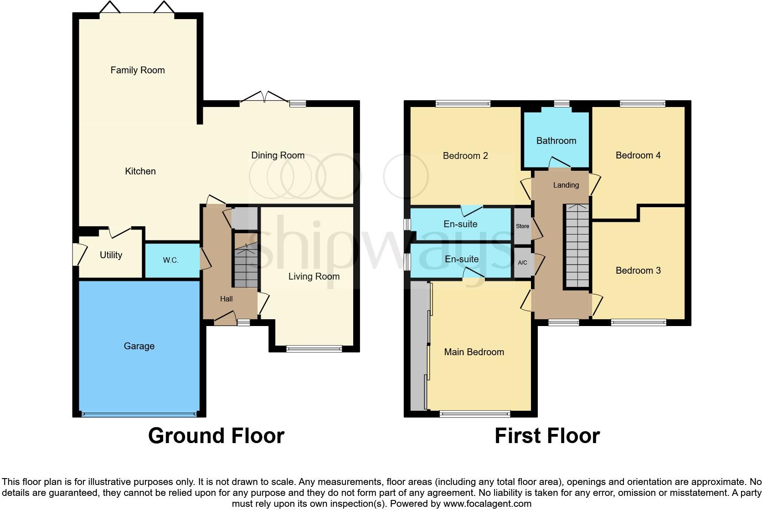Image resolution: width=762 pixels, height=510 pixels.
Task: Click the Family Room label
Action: point(138,70)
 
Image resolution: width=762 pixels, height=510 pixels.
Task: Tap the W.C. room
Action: point(171,260)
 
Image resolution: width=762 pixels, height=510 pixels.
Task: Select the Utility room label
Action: point(111,255)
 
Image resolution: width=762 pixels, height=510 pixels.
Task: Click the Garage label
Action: point(139,346)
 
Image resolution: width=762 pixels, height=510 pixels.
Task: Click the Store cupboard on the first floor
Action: point(522,226)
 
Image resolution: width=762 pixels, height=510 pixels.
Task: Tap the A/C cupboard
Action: point(522,263)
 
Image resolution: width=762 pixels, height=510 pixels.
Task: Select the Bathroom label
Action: point(556,141)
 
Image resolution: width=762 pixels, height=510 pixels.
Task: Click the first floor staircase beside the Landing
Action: point(577,246)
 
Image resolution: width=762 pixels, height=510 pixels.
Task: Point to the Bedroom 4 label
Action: point(638,155)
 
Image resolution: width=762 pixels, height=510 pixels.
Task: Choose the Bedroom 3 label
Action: point(638,270)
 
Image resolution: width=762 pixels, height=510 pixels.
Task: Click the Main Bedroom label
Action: point(474,352)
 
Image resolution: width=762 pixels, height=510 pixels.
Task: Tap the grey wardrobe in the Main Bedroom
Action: point(418,346)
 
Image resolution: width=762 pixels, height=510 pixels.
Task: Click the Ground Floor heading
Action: point(216,436)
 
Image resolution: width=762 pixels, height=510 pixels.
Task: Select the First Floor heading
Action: point(547,436)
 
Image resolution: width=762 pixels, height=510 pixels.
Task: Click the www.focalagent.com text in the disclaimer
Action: point(487,504)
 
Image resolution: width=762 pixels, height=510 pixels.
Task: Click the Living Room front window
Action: point(314,349)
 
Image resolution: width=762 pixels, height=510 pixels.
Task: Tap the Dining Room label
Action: point(278,155)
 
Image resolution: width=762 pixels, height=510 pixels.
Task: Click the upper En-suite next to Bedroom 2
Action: point(460,224)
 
